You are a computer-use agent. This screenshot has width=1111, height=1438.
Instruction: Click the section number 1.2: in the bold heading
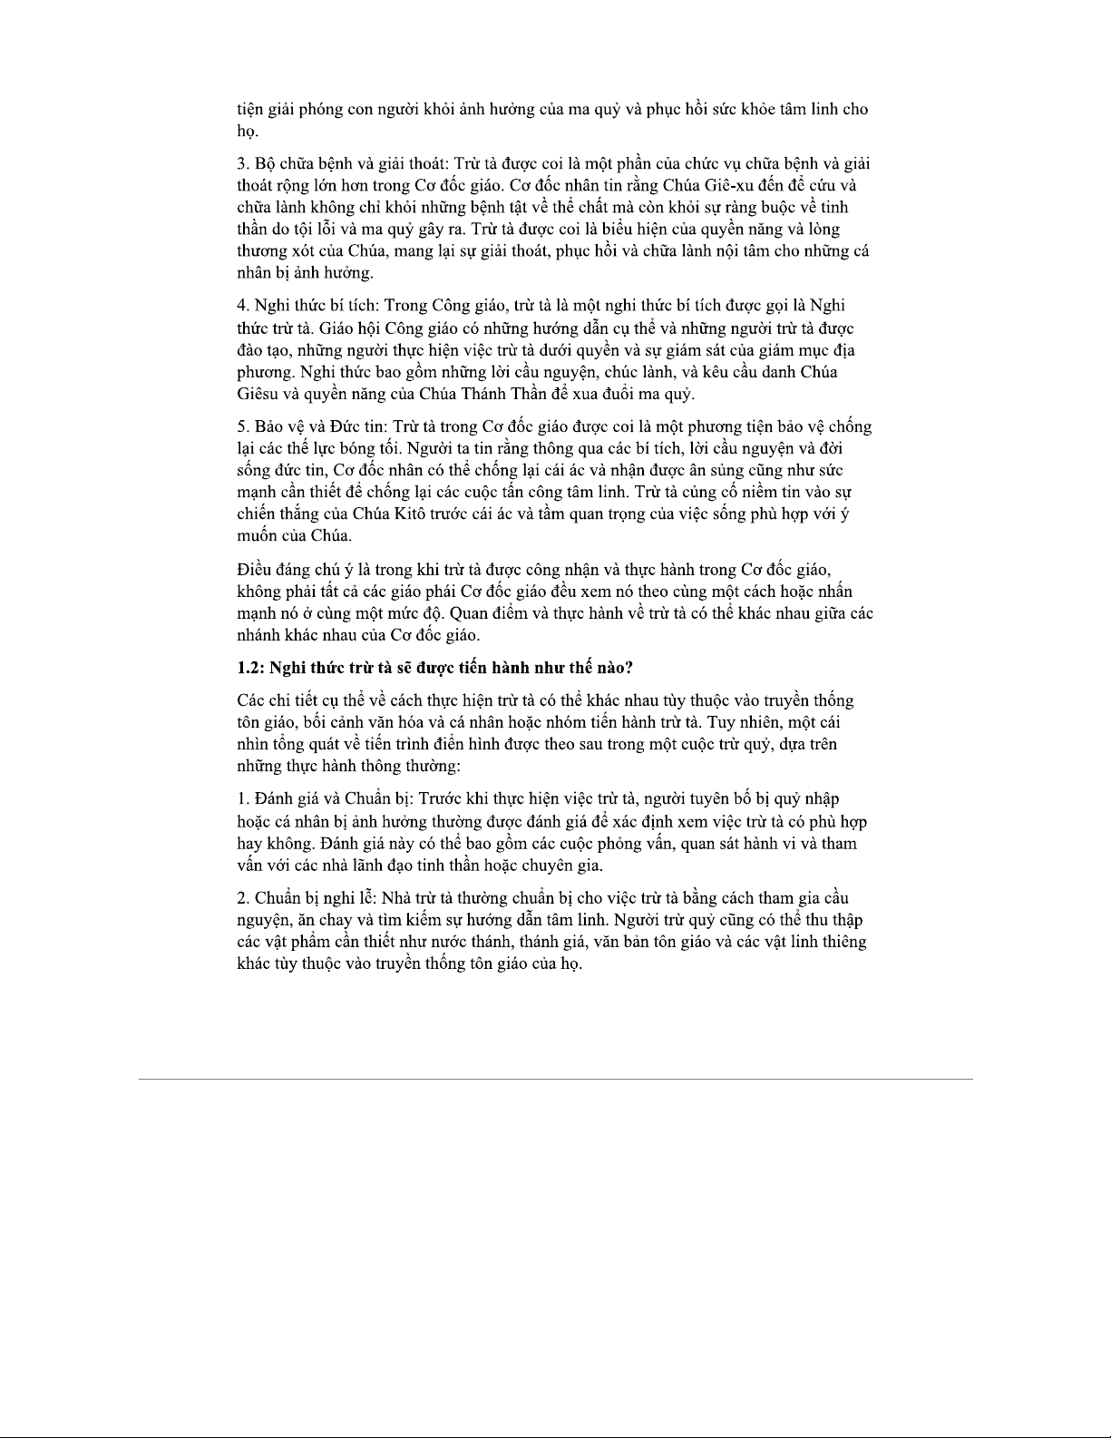pos(251,668)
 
